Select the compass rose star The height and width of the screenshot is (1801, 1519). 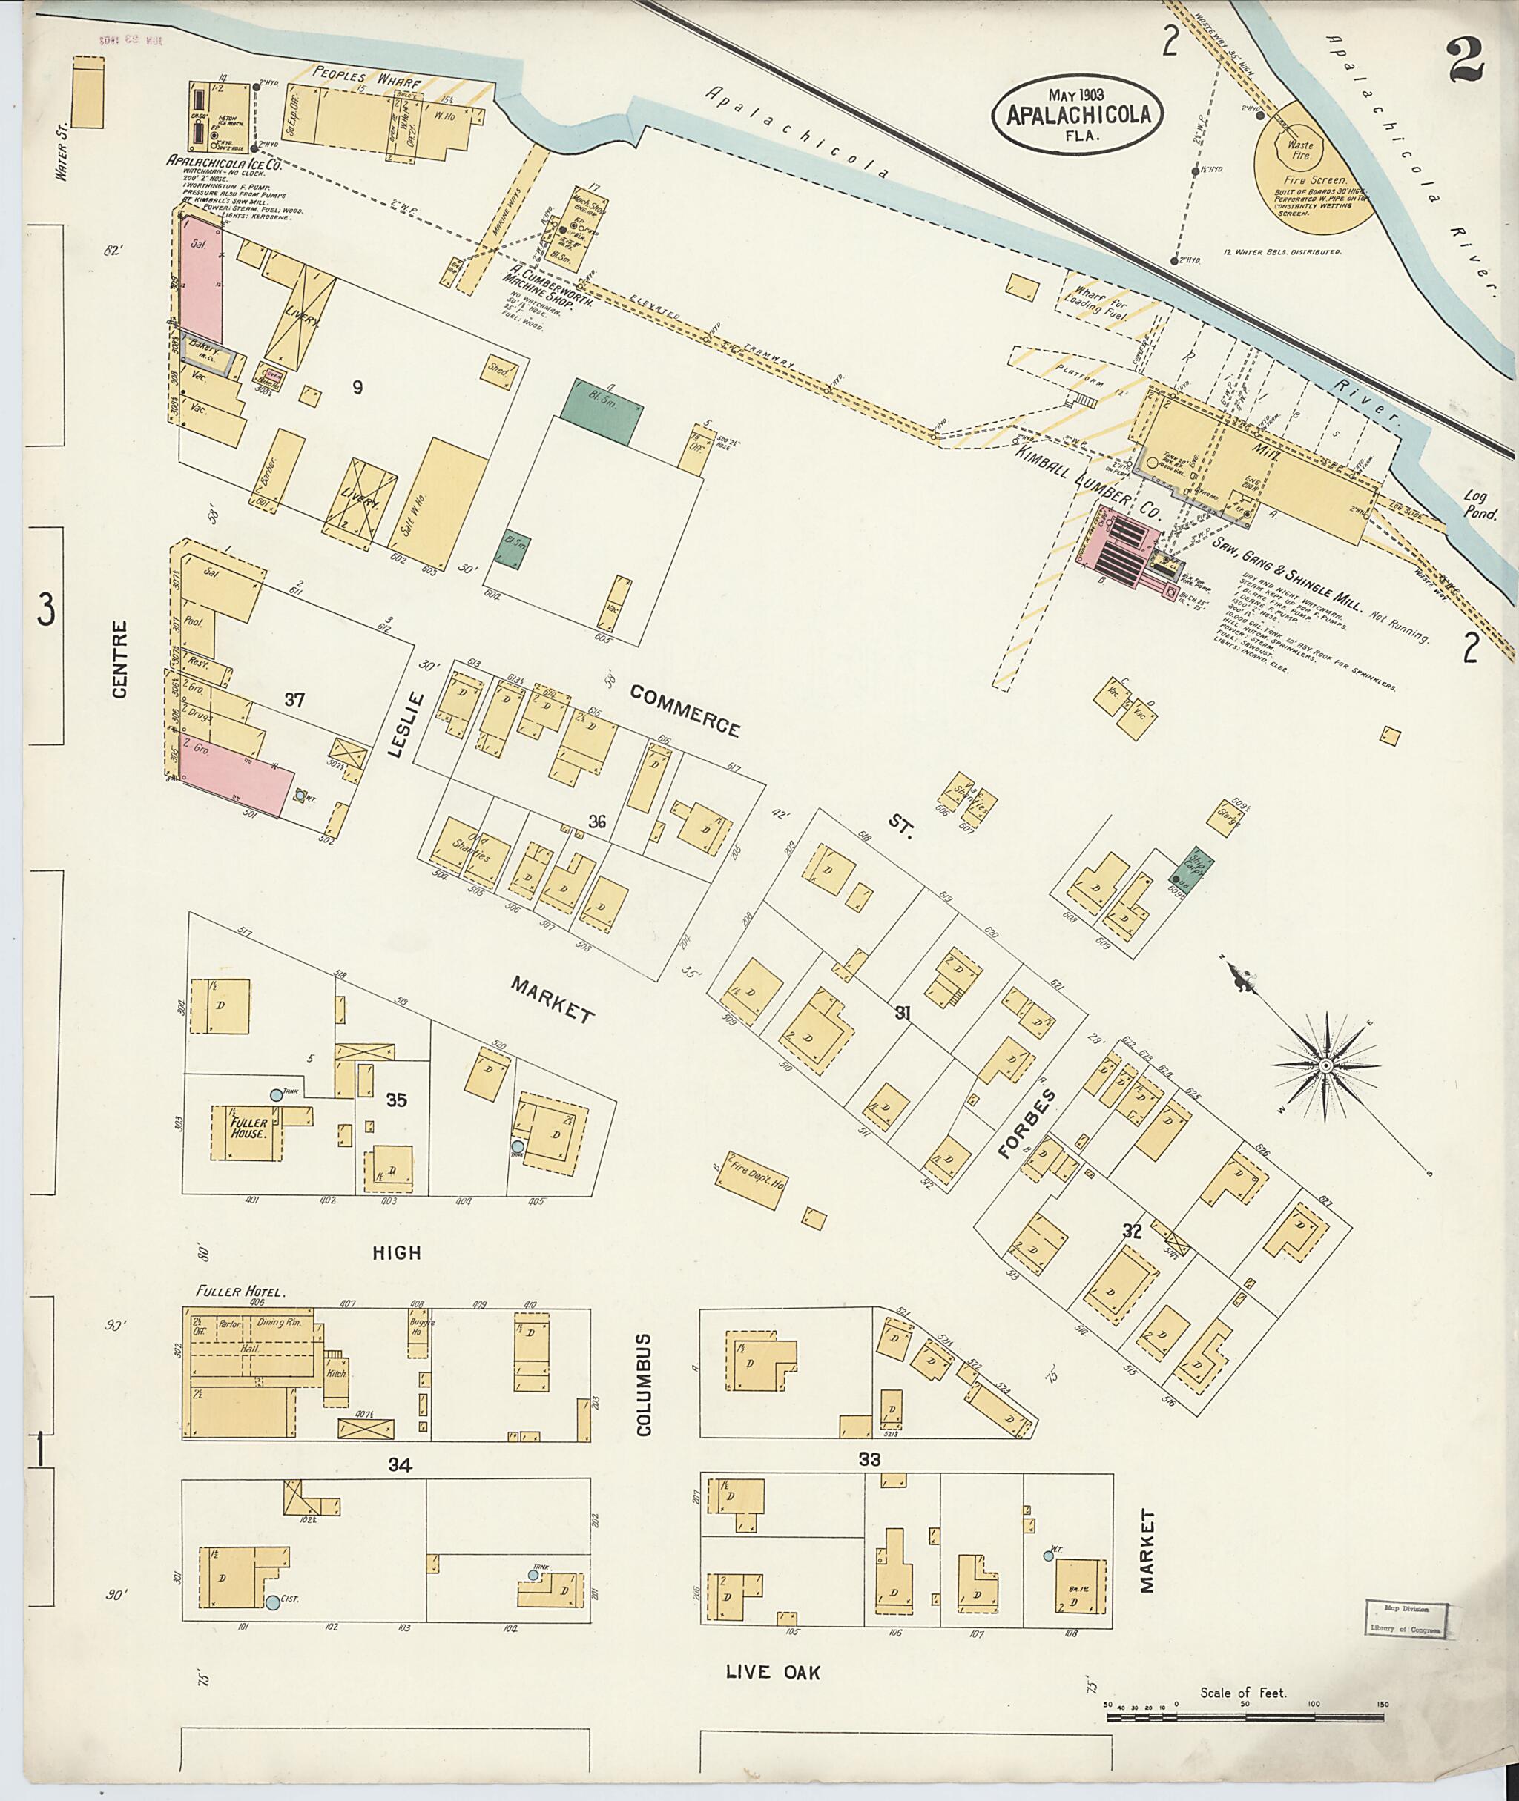[x=1326, y=1065]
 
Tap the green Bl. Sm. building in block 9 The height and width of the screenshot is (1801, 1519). [x=601, y=412]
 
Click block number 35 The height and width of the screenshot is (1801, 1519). [x=396, y=1100]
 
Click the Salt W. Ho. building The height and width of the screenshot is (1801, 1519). [x=438, y=499]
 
